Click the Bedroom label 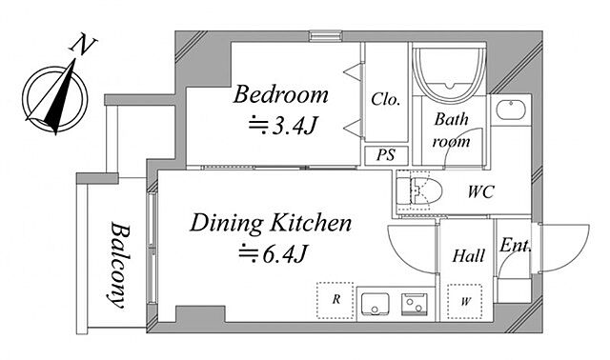280,94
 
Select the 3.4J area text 283,126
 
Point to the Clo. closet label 385,99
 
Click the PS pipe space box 386,155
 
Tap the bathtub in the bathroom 449,74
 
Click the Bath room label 451,130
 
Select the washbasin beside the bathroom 511,110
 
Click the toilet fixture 419,191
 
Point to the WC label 480,191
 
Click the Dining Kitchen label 271,223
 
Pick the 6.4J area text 274,254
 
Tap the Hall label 468,256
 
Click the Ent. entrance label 515,246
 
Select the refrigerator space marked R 335,301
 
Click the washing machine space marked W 465,301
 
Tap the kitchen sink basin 375,304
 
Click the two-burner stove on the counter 415,303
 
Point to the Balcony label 119,265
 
